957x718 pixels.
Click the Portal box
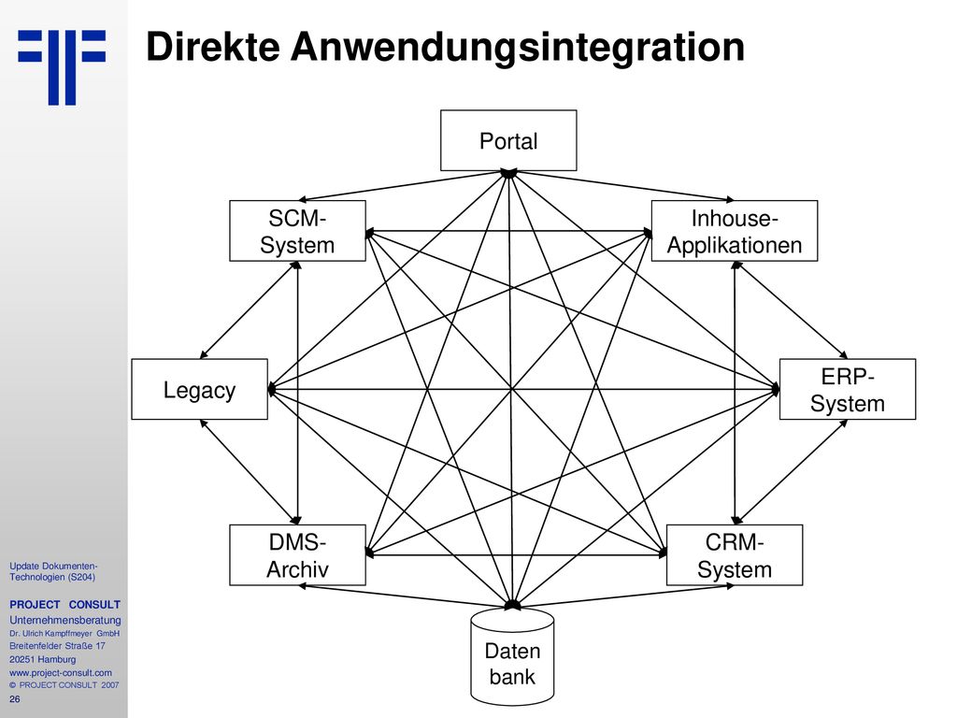tap(508, 140)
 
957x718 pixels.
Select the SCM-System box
tap(297, 231)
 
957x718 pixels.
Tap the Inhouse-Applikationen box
tap(735, 231)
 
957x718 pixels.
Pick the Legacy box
tap(200, 389)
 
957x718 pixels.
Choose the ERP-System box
tap(847, 389)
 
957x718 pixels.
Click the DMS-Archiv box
tap(297, 555)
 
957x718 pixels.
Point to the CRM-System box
tap(735, 555)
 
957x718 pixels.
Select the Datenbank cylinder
tap(512, 657)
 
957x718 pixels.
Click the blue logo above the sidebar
tap(62, 67)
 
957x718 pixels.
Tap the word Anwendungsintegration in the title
tap(518, 48)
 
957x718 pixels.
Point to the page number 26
tap(15, 699)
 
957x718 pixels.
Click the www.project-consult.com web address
tap(61, 673)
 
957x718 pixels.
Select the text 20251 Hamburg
tap(43, 659)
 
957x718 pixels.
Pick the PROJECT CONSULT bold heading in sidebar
tap(64, 605)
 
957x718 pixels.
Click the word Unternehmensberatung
tap(64, 621)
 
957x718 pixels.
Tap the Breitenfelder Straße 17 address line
tap(57, 646)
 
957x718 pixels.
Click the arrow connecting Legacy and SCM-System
tap(250, 310)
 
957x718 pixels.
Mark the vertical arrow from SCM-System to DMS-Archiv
tap(297, 393)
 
